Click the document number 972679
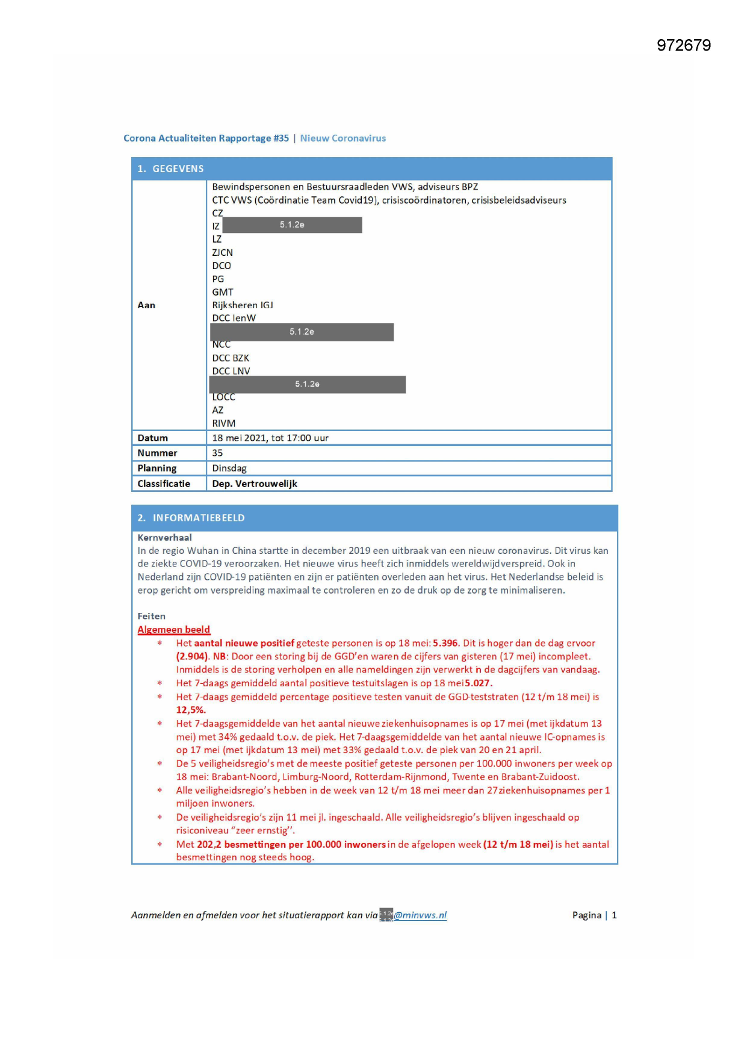(683, 46)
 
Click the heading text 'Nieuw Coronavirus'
(343, 138)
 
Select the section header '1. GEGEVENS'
(170, 169)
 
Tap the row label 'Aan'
(146, 305)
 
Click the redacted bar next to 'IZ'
(292, 225)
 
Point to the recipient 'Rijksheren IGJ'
(242, 305)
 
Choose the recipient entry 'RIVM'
(223, 423)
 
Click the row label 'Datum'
(152, 438)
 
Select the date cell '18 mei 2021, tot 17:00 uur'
(270, 438)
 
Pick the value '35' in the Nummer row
(217, 453)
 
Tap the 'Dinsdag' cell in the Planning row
(229, 468)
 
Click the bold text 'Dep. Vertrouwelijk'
(254, 484)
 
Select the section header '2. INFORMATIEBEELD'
(191, 518)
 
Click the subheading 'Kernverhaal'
(164, 538)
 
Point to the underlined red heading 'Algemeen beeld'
(173, 630)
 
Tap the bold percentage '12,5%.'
(191, 710)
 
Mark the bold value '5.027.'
(479, 683)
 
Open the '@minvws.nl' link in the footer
(420, 916)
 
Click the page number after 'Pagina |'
(614, 916)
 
